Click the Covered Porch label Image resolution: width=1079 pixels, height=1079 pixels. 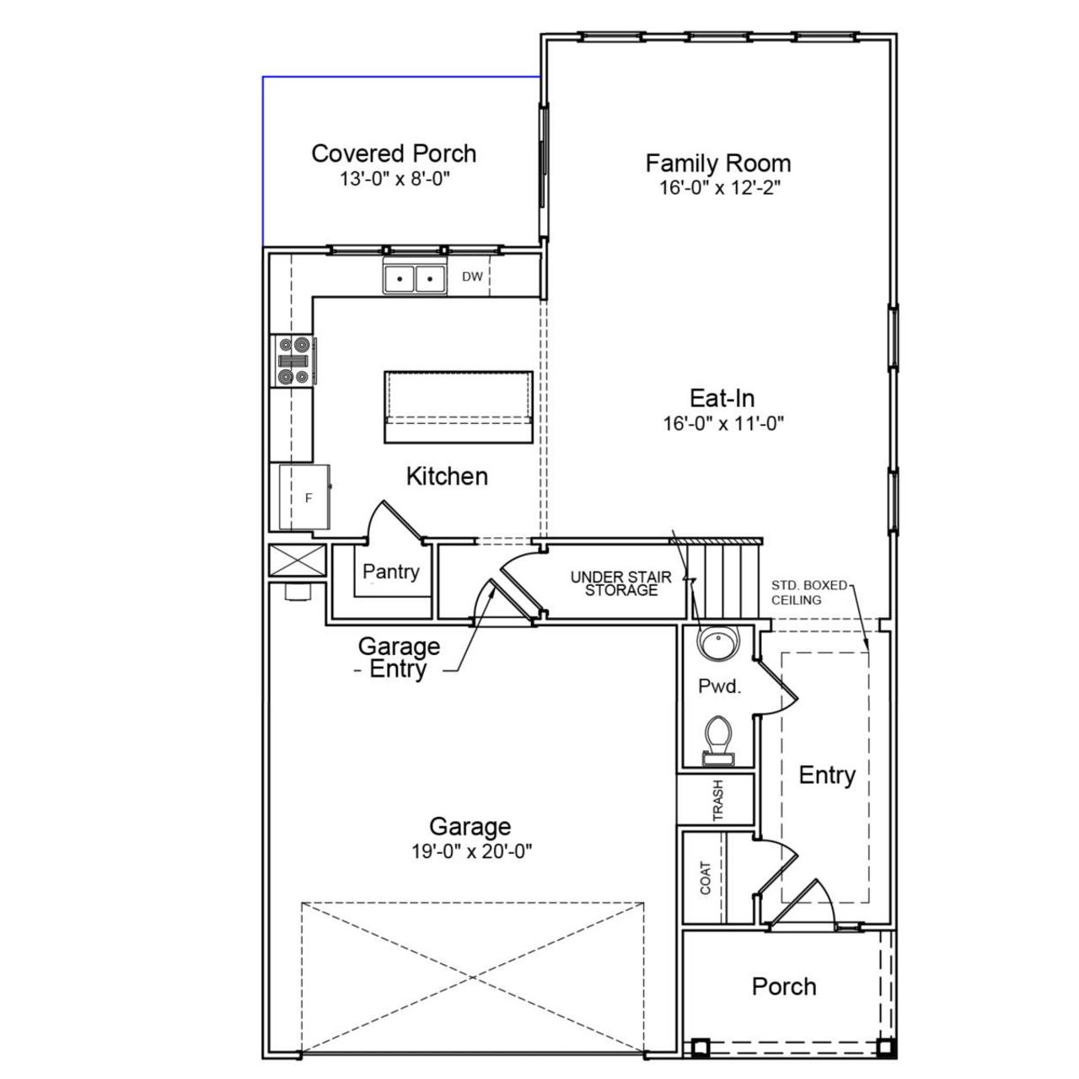394,153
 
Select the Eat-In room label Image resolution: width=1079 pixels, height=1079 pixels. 722,398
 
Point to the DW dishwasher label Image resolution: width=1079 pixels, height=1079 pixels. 472,276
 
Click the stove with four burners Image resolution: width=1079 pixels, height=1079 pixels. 293,360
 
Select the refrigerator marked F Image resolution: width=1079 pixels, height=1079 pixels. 304,497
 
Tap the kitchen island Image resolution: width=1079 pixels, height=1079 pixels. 459,406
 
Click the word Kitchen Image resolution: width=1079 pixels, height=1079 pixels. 447,476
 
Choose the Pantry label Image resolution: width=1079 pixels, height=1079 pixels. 390,572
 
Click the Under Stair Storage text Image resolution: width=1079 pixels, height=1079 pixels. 621,583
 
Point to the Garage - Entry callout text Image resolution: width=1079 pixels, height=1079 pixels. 399,658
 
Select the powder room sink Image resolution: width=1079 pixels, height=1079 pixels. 717,644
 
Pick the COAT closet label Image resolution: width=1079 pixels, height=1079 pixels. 706,878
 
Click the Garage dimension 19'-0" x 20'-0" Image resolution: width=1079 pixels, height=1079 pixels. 471,851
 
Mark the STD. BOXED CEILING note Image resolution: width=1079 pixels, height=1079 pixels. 808,593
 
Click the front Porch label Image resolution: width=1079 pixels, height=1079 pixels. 784,986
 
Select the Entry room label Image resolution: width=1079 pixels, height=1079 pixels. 827,775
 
